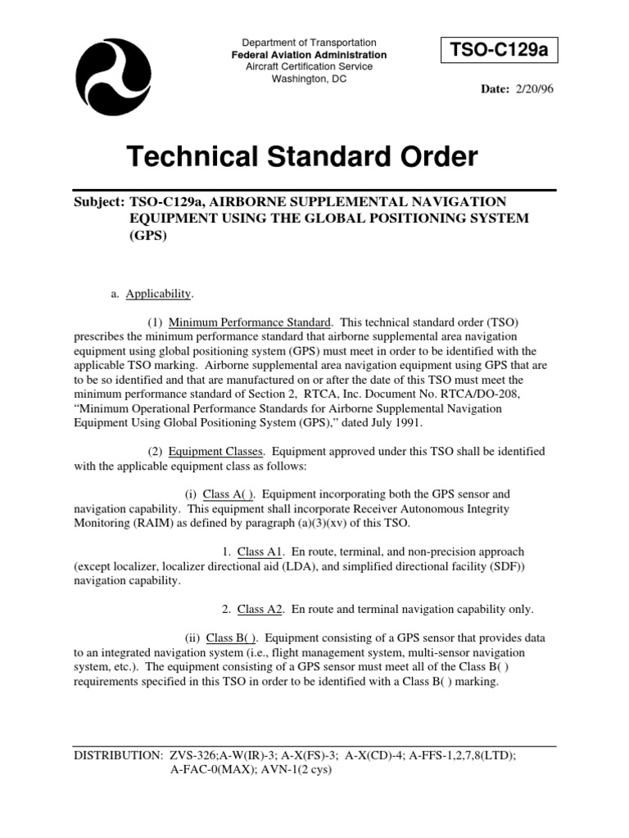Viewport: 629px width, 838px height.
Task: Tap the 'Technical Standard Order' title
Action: tap(301, 157)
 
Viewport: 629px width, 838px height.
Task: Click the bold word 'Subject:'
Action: tap(99, 201)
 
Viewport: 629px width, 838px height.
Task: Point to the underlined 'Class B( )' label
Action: tap(233, 638)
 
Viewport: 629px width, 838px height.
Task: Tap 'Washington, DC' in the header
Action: tap(298, 79)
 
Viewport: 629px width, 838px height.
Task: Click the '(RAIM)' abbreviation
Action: tap(150, 523)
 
